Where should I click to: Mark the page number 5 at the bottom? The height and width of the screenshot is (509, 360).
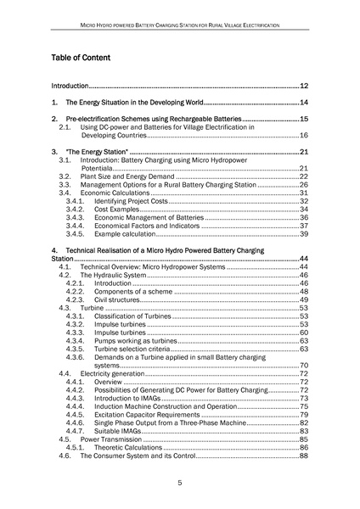tap(180, 484)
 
